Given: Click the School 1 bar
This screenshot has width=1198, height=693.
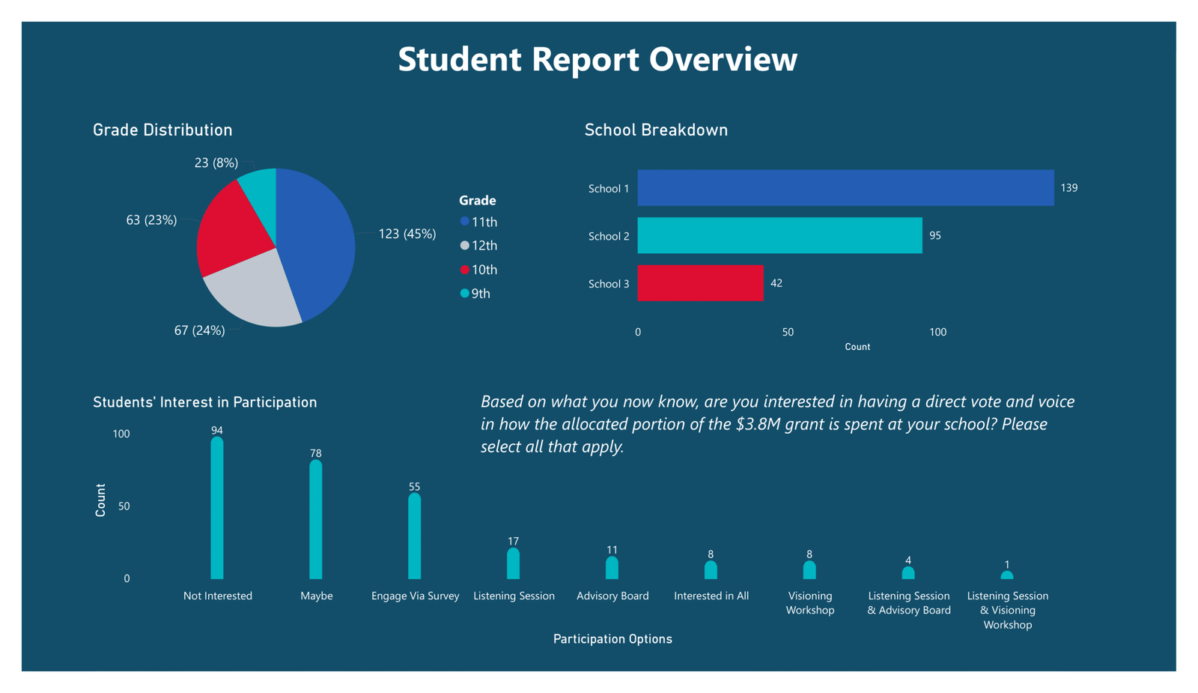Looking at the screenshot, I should pyautogui.click(x=845, y=188).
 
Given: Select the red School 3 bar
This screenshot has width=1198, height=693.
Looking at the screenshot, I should pyautogui.click(x=700, y=283).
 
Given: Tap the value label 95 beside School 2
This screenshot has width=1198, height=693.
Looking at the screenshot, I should pyautogui.click(x=935, y=236).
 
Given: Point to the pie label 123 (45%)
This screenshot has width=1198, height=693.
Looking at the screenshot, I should pyautogui.click(x=407, y=234).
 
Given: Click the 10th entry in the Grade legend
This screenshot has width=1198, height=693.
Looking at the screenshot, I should pyautogui.click(x=484, y=270).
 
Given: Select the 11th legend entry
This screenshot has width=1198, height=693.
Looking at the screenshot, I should pyautogui.click(x=484, y=222).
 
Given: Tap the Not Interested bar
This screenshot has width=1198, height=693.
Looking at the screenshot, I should pyautogui.click(x=217, y=509).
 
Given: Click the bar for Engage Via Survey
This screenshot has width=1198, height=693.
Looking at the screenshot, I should pyautogui.click(x=415, y=537).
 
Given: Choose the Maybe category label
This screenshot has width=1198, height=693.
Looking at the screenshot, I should pyautogui.click(x=317, y=596).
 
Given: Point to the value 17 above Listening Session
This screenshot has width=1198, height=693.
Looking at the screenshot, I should pyautogui.click(x=513, y=541).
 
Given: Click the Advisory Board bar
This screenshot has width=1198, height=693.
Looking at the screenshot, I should pyautogui.click(x=612, y=569).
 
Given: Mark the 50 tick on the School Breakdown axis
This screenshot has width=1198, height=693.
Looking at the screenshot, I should pyautogui.click(x=788, y=332).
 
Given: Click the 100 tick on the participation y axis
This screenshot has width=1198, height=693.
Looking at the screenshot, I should pyautogui.click(x=121, y=434).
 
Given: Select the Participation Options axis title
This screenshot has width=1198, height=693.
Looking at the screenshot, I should pyautogui.click(x=612, y=639).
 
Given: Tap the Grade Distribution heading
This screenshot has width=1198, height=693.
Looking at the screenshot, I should pyautogui.click(x=162, y=130).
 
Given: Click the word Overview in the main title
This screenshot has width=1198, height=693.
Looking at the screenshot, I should pyautogui.click(x=723, y=59).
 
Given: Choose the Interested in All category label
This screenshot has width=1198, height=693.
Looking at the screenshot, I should pyautogui.click(x=711, y=596).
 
